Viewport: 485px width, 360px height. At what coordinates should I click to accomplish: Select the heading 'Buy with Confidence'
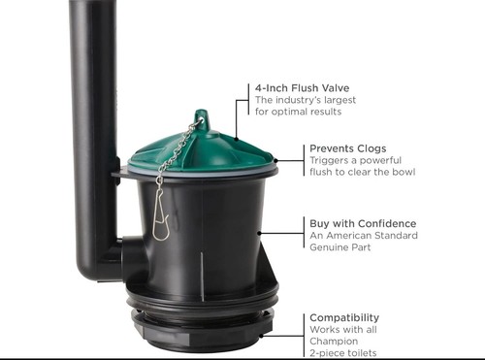(363, 222)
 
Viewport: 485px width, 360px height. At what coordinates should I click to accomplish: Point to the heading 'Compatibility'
(344, 317)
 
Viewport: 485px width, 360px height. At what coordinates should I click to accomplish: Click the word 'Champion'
(335, 342)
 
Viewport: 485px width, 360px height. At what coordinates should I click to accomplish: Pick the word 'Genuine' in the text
(334, 247)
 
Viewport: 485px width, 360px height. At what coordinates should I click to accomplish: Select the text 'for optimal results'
(299, 112)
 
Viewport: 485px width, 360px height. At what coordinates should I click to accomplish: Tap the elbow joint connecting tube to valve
(107, 258)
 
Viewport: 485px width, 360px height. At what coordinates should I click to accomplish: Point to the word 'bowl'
(403, 173)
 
